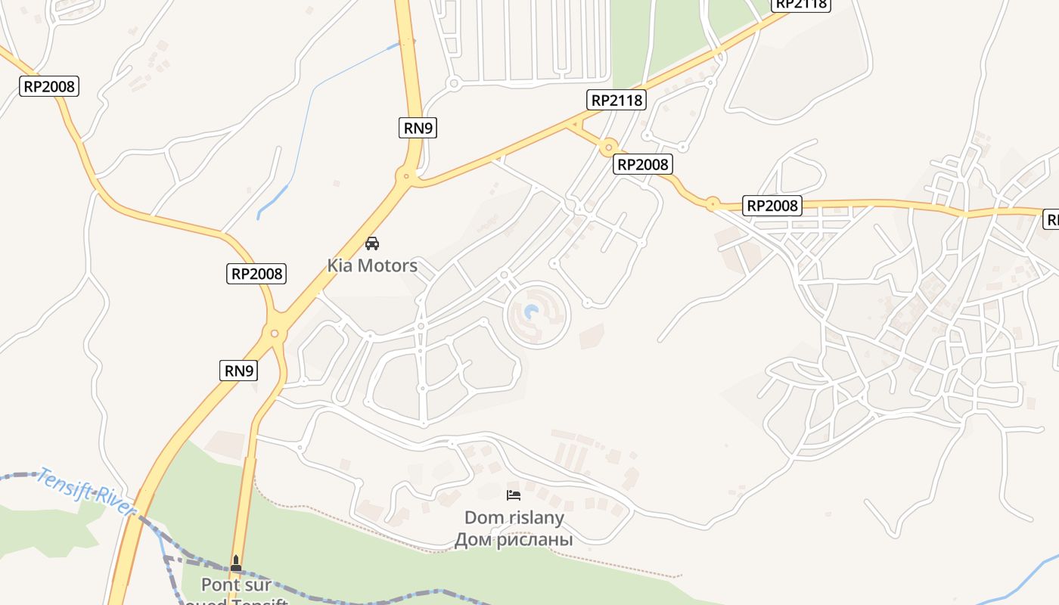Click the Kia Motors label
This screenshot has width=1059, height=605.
[x=372, y=265]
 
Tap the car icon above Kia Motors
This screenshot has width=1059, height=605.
[x=372, y=244]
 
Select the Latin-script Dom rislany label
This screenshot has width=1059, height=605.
[x=514, y=518]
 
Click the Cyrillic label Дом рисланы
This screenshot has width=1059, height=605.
[x=514, y=540]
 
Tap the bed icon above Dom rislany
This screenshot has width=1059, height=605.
[x=514, y=495]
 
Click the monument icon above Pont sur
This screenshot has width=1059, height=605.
[x=236, y=563]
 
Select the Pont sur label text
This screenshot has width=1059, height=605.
[x=236, y=585]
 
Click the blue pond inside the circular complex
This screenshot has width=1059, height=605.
[x=532, y=312]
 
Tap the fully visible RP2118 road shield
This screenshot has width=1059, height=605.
[x=617, y=100]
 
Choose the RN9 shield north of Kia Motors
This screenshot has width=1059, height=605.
[x=418, y=128]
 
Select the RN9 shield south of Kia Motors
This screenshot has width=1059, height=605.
[x=240, y=371]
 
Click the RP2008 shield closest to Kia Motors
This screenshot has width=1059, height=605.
[x=256, y=273]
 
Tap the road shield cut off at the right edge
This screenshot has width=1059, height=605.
[x=1051, y=219]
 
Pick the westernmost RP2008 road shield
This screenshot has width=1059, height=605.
[x=49, y=86]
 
